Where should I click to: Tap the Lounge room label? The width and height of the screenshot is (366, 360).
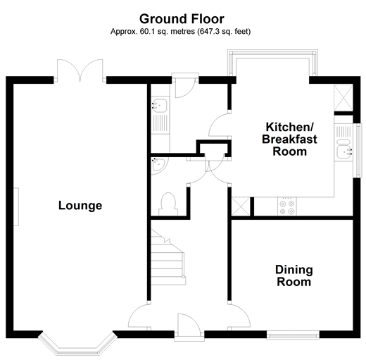[80, 206]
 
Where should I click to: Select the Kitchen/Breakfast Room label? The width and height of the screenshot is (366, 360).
[290, 139]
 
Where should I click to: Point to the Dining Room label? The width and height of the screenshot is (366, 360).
[294, 275]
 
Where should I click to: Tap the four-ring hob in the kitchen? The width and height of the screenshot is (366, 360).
[286, 205]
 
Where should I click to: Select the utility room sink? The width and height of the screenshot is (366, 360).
[158, 106]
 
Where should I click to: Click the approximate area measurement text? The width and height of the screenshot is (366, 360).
[182, 32]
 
